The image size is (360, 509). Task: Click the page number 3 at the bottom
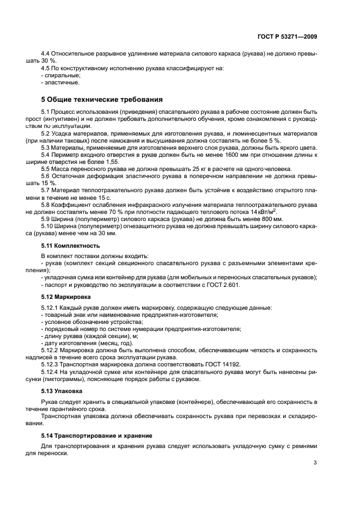click(315, 463)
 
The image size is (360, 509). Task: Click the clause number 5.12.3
click(51, 364)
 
